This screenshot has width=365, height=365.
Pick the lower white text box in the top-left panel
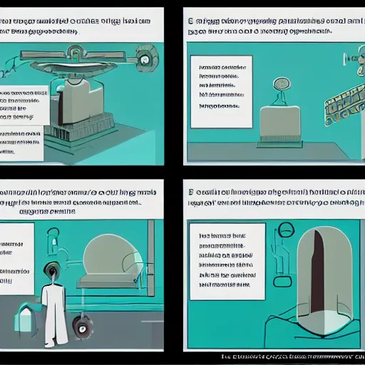pyautogui.click(x=21, y=141)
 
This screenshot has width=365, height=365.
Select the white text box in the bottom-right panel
pyautogui.click(x=227, y=259)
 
